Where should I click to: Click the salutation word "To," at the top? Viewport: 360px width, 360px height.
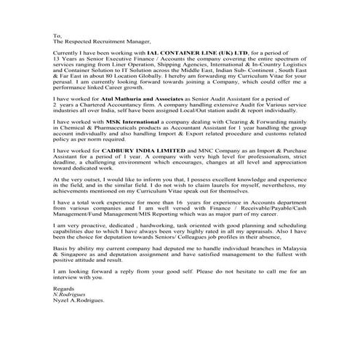57,35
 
